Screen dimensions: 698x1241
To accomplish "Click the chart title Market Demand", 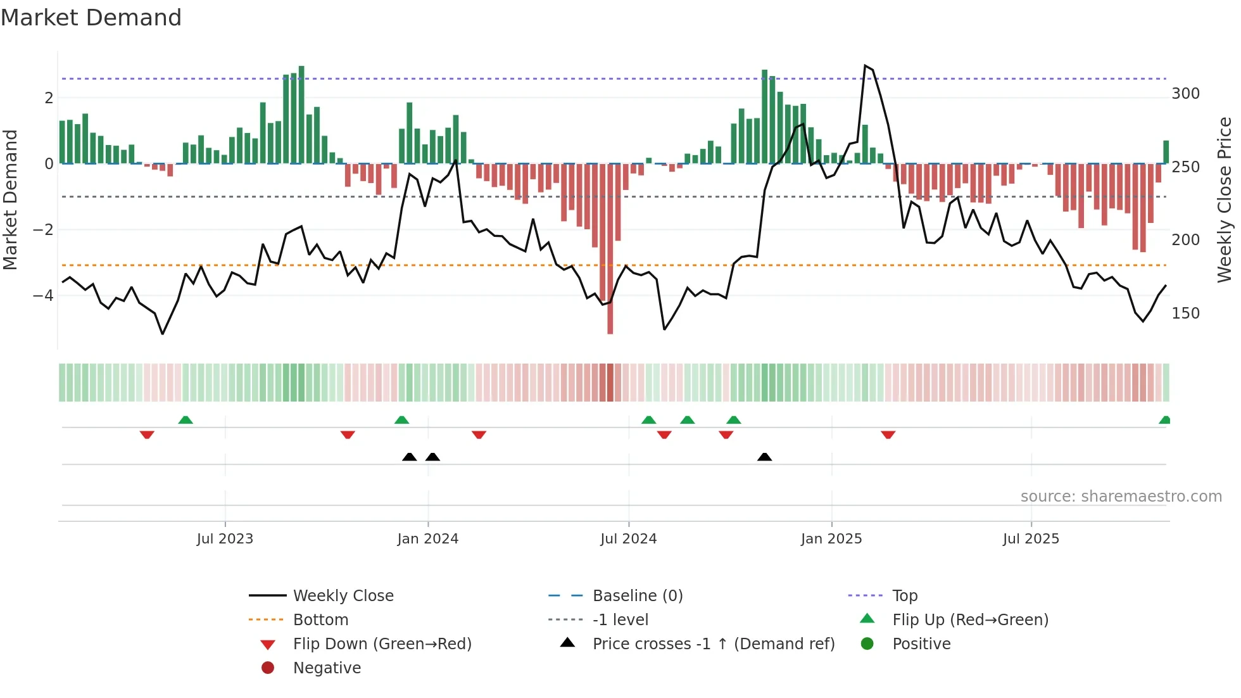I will (91, 18).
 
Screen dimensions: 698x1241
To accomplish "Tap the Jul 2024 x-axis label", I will (628, 539).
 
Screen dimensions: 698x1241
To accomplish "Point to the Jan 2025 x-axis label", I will (831, 539).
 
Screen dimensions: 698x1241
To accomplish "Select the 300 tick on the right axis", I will (1185, 94).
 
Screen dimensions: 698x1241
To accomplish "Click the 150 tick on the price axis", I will (1185, 314).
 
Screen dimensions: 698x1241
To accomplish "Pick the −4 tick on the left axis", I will (43, 296).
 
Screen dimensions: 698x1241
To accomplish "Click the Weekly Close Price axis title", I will (1225, 200).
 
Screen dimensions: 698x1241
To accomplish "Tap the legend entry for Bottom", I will (320, 620).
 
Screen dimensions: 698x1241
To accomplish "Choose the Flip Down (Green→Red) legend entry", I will (382, 644).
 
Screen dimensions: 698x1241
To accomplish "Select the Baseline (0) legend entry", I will (637, 596).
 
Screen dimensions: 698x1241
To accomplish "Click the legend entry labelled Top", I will (904, 596).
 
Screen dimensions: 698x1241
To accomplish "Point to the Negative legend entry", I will (327, 668).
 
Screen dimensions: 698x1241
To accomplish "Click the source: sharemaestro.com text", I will (1121, 497).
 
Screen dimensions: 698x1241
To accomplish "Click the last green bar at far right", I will (1166, 152).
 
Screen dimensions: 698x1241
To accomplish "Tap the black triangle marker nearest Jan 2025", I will (764, 457).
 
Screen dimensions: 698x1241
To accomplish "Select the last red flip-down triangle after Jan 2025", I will (888, 435).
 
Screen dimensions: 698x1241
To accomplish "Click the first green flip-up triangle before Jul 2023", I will (186, 420).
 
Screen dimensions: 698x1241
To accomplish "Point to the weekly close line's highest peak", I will (865, 66).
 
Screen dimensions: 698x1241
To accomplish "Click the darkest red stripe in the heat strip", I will (610, 383).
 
